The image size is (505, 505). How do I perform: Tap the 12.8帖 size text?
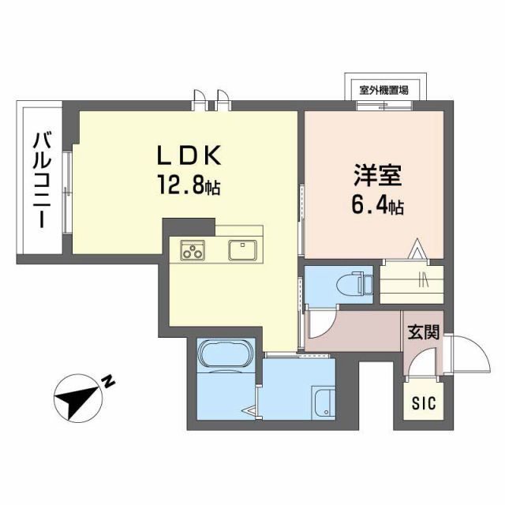coord(189,187)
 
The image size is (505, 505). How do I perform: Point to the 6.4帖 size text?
coord(377,208)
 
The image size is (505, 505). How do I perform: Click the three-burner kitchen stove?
coord(192,251)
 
